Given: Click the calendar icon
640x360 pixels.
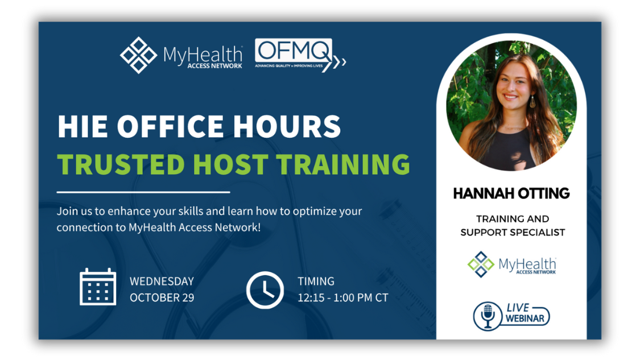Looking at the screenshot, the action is click(x=97, y=287).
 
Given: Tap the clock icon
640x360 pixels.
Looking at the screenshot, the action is click(x=265, y=290).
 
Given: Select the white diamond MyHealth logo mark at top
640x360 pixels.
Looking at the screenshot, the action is click(x=138, y=55).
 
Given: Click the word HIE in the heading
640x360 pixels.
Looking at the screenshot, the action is click(x=83, y=126).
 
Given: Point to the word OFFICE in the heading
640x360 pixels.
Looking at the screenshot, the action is click(x=170, y=126).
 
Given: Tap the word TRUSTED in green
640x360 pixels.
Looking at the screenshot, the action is click(x=121, y=164).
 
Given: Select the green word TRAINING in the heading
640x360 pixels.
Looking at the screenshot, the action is click(x=343, y=164).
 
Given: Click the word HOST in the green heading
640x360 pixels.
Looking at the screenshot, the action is click(x=230, y=164).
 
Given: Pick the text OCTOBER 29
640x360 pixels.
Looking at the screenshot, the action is click(x=162, y=297).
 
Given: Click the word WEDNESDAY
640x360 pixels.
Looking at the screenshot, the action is click(x=162, y=281).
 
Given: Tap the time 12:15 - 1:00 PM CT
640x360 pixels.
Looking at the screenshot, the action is click(x=343, y=297).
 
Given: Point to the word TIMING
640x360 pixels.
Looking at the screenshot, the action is click(x=316, y=281).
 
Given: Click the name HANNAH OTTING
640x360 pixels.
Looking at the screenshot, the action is click(x=511, y=193).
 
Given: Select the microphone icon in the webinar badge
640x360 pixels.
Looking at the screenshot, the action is click(x=488, y=316).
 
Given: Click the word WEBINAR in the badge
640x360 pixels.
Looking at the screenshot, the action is click(x=525, y=318).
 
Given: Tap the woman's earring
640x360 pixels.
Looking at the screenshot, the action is click(x=532, y=101).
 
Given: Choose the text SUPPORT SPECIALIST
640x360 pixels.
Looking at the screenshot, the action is click(x=513, y=232).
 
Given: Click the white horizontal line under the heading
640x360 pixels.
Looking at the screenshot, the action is click(x=143, y=192).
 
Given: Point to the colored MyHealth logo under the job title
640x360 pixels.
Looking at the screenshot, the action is click(x=512, y=264).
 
